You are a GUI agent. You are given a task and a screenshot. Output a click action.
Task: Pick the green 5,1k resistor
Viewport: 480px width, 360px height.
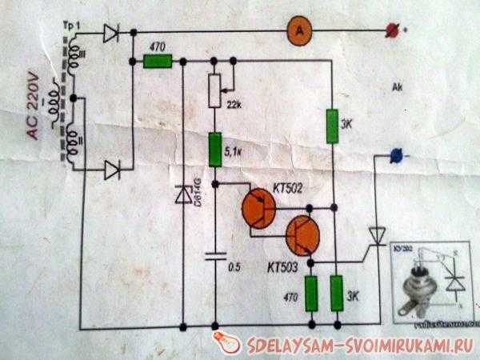pos(214,150)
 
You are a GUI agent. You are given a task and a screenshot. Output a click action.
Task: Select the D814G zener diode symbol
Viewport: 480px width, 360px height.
pos(183,194)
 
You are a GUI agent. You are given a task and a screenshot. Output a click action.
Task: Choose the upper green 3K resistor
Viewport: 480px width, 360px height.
pos(334,126)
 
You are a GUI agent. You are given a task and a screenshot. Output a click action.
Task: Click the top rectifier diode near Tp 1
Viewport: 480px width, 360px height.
pos(112,34)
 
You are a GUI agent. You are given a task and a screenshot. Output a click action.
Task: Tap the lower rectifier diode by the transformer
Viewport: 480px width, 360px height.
pos(112,169)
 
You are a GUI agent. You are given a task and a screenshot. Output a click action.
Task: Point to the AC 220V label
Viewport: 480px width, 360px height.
pos(34,112)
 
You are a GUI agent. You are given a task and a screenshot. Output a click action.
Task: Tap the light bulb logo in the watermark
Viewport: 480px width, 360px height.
pos(230,342)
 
